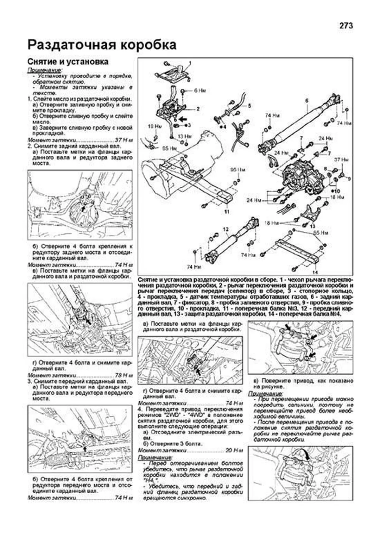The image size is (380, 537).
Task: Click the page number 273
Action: click(346, 26)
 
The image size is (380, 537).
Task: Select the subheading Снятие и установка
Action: click(67, 61)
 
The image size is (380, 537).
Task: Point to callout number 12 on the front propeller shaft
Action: click(225, 229)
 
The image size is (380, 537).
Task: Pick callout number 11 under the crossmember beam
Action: click(226, 212)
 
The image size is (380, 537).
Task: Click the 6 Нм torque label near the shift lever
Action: click(200, 91)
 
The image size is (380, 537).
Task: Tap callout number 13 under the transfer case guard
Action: click(313, 226)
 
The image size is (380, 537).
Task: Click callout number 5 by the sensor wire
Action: click(249, 106)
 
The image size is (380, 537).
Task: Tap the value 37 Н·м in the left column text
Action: click(123, 140)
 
